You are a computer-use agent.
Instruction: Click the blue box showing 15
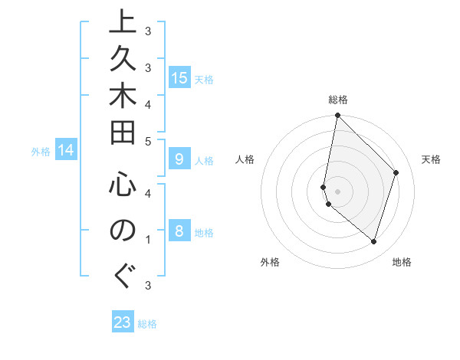point(179,78)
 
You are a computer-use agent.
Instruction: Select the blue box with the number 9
point(179,159)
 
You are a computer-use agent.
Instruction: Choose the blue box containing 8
point(179,231)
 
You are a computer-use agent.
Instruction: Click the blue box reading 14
point(66,151)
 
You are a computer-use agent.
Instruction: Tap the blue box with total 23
point(123,322)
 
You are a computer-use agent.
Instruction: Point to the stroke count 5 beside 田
point(147,141)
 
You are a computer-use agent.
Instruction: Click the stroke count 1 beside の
point(147,240)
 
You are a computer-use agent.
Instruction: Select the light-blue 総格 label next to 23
point(147,324)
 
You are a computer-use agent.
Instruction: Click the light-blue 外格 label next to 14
point(41,152)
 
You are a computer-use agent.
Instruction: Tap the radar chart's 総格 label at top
point(338,100)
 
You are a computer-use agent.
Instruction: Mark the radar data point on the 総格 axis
point(337,116)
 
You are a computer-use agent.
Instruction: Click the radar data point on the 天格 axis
point(396,172)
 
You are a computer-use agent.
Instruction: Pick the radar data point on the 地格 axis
point(373,241)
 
